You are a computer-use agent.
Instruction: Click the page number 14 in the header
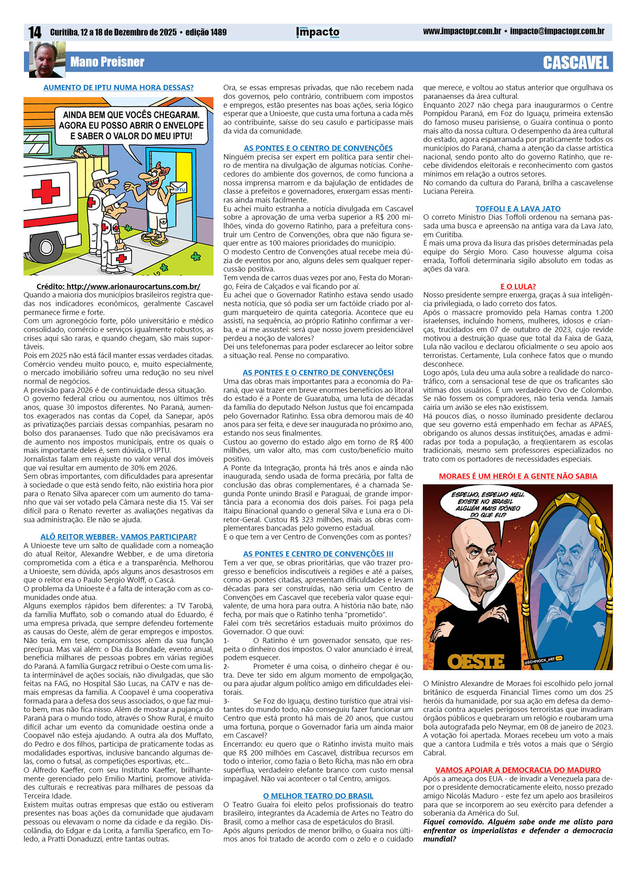click(x=35, y=32)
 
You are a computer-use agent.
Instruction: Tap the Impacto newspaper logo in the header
click(x=318, y=32)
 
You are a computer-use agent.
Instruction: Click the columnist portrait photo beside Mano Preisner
click(x=46, y=60)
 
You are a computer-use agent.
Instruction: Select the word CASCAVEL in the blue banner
click(x=575, y=63)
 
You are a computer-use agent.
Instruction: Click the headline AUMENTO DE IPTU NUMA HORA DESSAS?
click(x=118, y=88)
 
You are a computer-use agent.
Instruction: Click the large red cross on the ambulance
click(x=46, y=191)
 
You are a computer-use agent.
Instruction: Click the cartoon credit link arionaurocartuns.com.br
click(x=118, y=286)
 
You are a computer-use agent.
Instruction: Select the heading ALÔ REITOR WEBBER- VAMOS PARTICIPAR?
click(x=118, y=537)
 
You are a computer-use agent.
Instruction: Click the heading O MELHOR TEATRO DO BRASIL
click(x=318, y=796)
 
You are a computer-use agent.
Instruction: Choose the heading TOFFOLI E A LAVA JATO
click(x=517, y=208)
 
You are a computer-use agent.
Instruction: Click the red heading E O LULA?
click(x=517, y=286)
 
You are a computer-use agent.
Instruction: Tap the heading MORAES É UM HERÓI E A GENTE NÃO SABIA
click(x=517, y=476)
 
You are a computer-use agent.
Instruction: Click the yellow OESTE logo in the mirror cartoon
click(x=476, y=661)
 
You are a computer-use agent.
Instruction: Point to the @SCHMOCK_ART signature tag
click(x=543, y=659)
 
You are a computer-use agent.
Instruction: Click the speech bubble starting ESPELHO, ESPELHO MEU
click(x=488, y=505)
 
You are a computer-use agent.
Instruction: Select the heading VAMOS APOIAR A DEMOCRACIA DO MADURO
click(x=517, y=770)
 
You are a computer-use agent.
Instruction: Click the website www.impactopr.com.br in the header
click(x=462, y=31)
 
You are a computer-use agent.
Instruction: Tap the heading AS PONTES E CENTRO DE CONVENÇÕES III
click(x=318, y=554)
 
